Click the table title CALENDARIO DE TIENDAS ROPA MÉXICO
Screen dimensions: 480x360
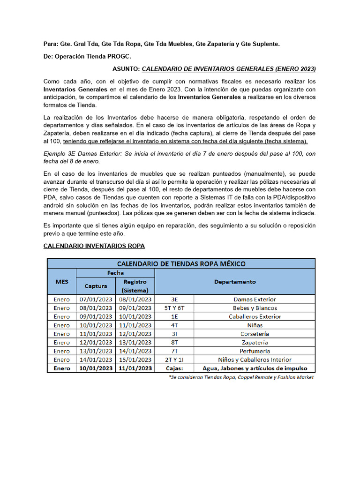tap(180, 264)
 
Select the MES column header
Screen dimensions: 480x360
tap(61, 282)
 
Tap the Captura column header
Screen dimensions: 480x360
tap(96, 286)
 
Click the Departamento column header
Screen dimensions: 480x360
tap(235, 282)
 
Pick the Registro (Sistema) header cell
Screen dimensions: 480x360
tap(135, 286)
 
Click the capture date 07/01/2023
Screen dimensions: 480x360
tap(96, 299)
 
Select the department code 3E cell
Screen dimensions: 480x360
tap(174, 299)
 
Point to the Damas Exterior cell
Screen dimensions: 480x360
tap(255, 299)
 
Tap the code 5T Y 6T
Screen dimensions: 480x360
tap(174, 308)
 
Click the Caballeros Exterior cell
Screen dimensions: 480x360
tap(255, 316)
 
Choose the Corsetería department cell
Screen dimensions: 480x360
tap(255, 334)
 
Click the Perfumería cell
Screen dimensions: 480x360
tap(255, 351)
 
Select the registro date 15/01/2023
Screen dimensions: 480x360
tap(135, 360)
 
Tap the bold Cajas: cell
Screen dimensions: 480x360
tap(174, 368)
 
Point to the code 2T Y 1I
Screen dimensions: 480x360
tap(174, 360)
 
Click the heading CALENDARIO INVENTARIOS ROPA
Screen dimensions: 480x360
tap(94, 246)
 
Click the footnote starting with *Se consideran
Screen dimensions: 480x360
tap(241, 377)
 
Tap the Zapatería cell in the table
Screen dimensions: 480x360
tap(255, 342)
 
